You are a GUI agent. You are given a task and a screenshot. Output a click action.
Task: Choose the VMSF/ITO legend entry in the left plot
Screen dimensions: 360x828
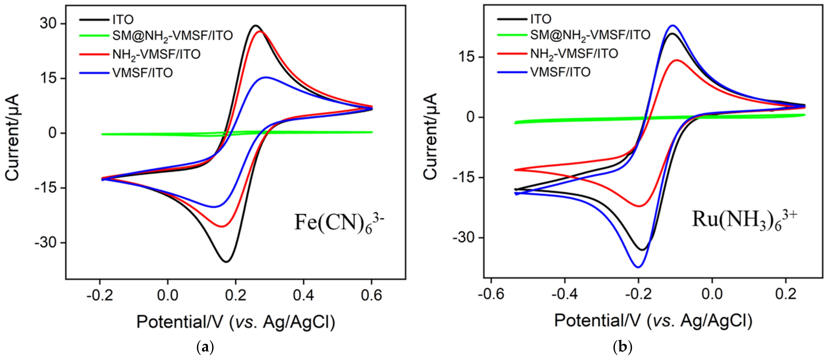pos(142,73)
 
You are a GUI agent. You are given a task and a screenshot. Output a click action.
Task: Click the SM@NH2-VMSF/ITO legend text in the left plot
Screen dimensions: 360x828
pos(172,36)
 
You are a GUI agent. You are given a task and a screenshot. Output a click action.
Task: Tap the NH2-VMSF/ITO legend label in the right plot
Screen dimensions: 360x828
pos(574,54)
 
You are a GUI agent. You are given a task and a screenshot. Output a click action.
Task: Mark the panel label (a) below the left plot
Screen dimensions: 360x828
pos(205,348)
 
